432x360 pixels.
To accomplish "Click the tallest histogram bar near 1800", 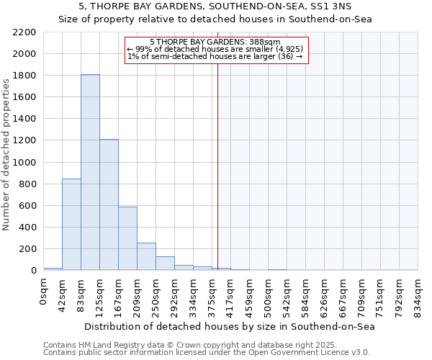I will tap(90, 173).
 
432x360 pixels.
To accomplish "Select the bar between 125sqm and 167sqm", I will tap(109, 205).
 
